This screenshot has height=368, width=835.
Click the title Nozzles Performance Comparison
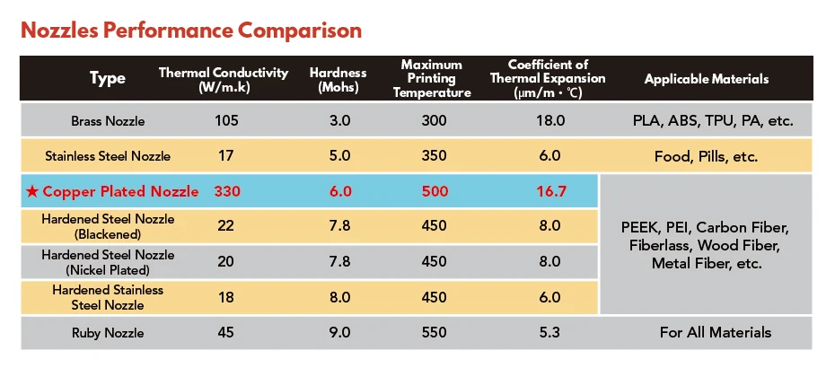pyautogui.click(x=190, y=31)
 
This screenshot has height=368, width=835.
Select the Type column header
pyautogui.click(x=108, y=79)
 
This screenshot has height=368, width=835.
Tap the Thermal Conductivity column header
pyautogui.click(x=224, y=79)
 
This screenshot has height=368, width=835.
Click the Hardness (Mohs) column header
pyautogui.click(x=338, y=79)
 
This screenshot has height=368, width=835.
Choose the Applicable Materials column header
pyautogui.click(x=707, y=79)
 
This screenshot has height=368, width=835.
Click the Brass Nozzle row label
pyautogui.click(x=108, y=120)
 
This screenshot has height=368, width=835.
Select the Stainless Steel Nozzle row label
pyautogui.click(x=108, y=156)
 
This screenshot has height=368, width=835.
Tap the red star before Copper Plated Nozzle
pyautogui.click(x=33, y=191)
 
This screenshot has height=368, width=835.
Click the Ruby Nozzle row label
pyautogui.click(x=108, y=333)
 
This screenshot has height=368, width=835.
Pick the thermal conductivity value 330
pyautogui.click(x=228, y=191)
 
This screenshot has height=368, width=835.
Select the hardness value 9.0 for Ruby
pyautogui.click(x=339, y=333)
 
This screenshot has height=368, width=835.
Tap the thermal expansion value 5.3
pyautogui.click(x=550, y=333)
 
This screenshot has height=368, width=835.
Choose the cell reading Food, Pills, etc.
pyautogui.click(x=707, y=156)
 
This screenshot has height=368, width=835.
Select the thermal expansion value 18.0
pyautogui.click(x=550, y=120)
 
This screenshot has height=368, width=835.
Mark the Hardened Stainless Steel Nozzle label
pyautogui.click(x=108, y=297)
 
